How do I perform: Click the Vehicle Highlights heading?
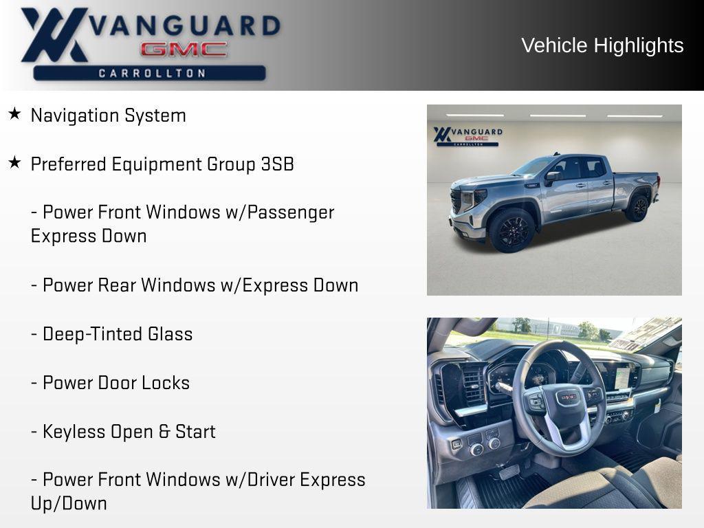pyautogui.click(x=602, y=45)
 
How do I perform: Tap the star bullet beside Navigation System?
pyautogui.click(x=14, y=113)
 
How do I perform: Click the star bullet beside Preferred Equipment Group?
pyautogui.click(x=14, y=162)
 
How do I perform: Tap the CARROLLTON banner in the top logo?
pyautogui.click(x=149, y=73)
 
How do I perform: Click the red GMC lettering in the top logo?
pyautogui.click(x=184, y=49)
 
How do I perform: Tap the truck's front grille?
pyautogui.click(x=456, y=201)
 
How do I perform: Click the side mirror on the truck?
pyautogui.click(x=551, y=177)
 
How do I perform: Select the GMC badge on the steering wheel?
pyautogui.click(x=567, y=397)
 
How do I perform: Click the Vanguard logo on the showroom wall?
pyautogui.click(x=467, y=135)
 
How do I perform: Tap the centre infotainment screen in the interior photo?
pyautogui.click(x=621, y=377)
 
